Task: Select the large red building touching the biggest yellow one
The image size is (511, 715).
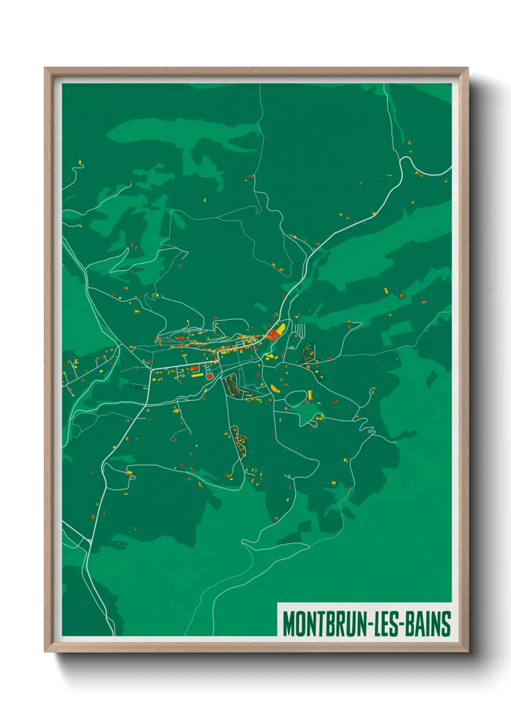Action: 274,334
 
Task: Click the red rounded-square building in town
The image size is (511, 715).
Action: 210,375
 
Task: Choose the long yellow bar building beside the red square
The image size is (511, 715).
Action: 197,374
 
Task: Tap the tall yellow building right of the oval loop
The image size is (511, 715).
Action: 310,395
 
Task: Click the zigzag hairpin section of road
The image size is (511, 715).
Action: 368,428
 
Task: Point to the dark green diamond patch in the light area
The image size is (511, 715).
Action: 432,378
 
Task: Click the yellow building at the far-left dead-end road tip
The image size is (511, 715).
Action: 80,163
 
